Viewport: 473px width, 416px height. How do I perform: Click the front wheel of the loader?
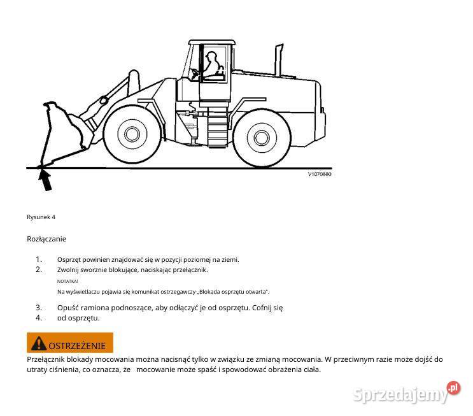131,134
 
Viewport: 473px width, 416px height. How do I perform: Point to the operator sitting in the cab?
211,64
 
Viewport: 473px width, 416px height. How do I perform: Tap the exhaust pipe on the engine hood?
278,58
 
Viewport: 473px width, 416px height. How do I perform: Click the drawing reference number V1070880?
320,174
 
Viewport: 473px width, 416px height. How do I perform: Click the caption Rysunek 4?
41,217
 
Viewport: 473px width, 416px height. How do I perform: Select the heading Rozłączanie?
46,239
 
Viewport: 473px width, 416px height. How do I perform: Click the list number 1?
39,259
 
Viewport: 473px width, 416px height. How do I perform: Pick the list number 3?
39,308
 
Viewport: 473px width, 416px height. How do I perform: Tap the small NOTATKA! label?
67,281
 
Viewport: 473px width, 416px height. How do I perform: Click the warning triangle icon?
39,344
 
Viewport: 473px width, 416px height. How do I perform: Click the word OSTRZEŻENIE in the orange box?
77,345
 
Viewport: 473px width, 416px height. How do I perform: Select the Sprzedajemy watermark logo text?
400,395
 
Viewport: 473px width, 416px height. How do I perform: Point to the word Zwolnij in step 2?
69,269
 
